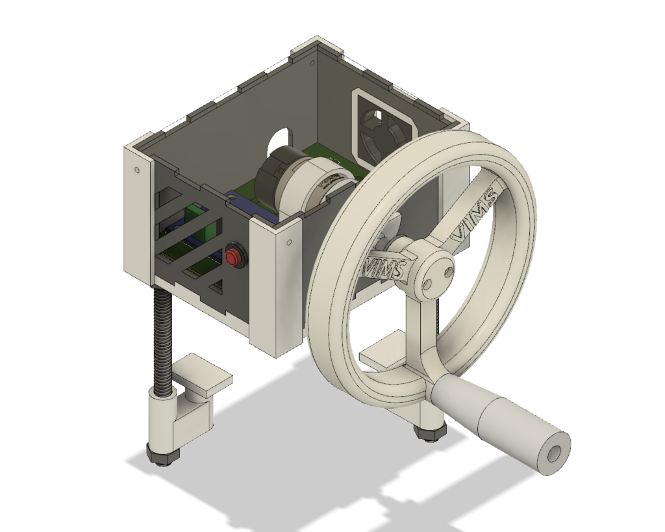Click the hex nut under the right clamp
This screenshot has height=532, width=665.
coord(430,431)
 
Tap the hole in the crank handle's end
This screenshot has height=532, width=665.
coord(553,453)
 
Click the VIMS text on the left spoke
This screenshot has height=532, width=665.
coord(386,266)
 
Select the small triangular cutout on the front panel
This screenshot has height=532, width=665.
coord(219,286)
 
